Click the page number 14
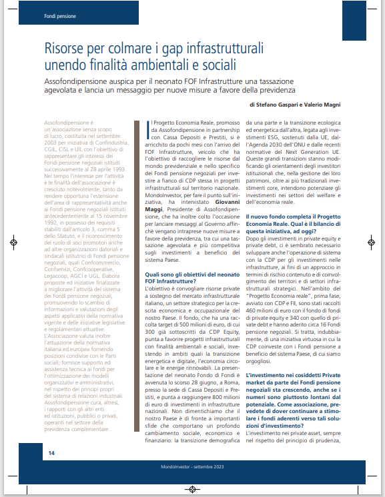51,452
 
